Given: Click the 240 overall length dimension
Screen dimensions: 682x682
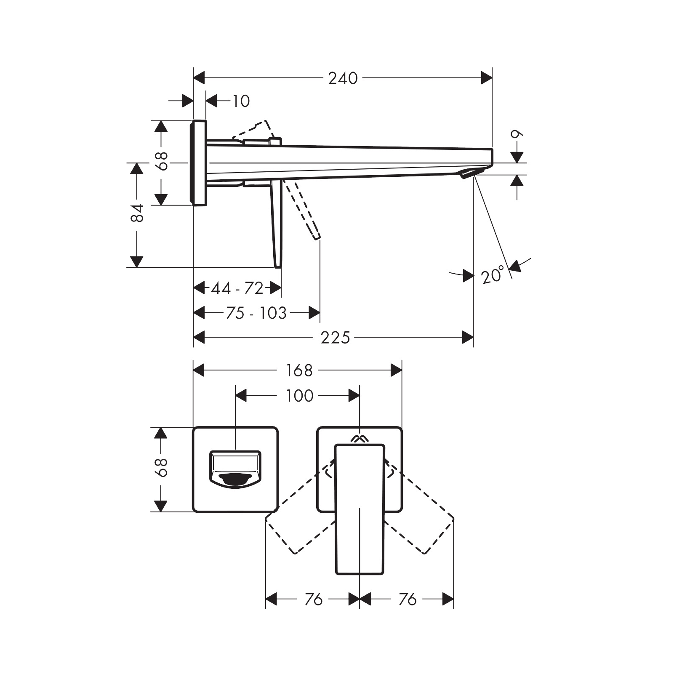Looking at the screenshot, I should [x=343, y=78].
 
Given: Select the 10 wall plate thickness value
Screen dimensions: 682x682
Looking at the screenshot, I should [x=241, y=101].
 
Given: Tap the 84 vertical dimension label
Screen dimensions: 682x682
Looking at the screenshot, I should [x=137, y=213].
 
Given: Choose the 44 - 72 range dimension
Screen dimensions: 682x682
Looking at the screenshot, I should [x=237, y=288].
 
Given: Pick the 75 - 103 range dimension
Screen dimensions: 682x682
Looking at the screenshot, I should [x=256, y=313].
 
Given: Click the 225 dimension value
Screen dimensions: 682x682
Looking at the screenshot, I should [x=335, y=338].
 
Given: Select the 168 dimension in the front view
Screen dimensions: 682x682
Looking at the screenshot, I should [x=299, y=370].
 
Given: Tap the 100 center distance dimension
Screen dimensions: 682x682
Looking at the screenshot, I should [x=299, y=396].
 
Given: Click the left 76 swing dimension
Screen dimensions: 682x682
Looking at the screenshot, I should [x=313, y=599].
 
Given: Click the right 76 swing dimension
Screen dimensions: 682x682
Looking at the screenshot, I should [x=407, y=599].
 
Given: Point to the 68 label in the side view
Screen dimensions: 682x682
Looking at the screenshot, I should [x=162, y=160].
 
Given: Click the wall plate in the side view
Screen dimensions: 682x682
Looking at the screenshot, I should [x=199, y=163].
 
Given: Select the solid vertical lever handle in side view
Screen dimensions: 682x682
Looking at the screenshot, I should [x=277, y=223].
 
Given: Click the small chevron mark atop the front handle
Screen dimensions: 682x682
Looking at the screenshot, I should [x=359, y=439].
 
